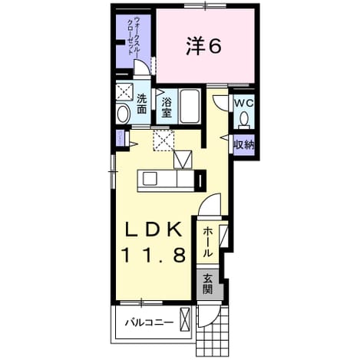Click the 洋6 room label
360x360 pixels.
tap(203, 46)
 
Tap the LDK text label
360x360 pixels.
tap(154, 229)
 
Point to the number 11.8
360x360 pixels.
tap(154, 255)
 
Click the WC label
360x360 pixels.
tap(244, 104)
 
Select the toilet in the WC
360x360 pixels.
tap(244, 120)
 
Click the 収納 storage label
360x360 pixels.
tap(244, 145)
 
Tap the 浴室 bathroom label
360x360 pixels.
tap(167, 107)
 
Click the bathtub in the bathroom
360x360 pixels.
tap(190, 106)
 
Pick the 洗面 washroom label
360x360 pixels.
tap(141, 104)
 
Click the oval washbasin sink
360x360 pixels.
tap(123, 114)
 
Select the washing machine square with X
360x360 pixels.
tap(124, 91)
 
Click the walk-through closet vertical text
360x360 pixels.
tap(134, 36)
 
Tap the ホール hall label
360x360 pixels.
tap(207, 242)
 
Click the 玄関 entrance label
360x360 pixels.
tap(208, 284)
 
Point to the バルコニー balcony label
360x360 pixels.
tap(149, 322)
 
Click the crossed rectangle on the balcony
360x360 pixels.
tap(185, 319)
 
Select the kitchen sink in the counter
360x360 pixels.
tap(150, 179)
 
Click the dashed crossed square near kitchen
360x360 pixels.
tap(163, 140)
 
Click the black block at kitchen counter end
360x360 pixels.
tap(200, 180)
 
